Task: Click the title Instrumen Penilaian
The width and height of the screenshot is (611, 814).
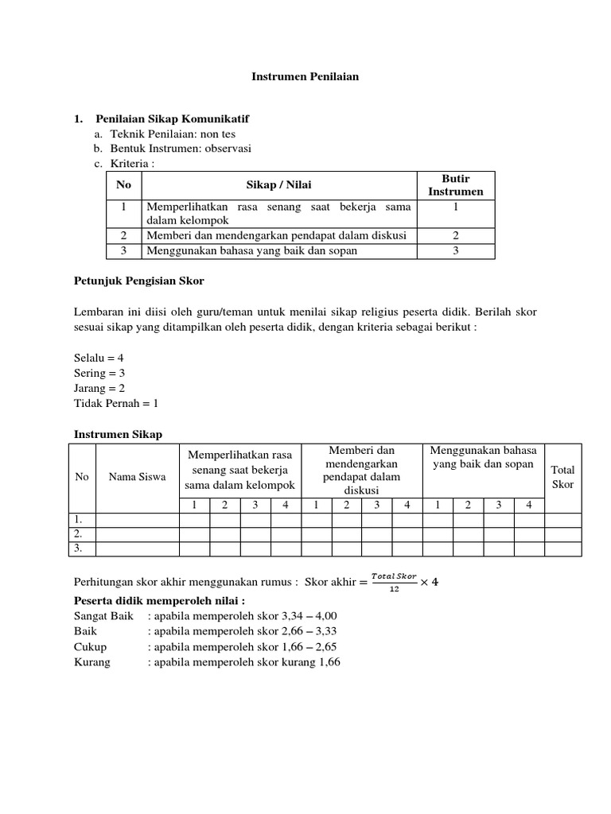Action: pyautogui.click(x=305, y=77)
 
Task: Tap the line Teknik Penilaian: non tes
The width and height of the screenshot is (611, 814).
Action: pyautogui.click(x=173, y=134)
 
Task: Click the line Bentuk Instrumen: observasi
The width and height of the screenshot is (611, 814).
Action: pyautogui.click(x=180, y=149)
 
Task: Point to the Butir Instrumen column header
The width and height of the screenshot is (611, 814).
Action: pyautogui.click(x=455, y=185)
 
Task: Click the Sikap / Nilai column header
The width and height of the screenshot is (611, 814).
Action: pyautogui.click(x=278, y=185)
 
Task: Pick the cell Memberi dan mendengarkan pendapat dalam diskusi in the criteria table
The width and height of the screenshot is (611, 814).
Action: pyautogui.click(x=276, y=235)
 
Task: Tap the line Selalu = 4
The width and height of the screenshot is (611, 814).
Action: pyautogui.click(x=99, y=358)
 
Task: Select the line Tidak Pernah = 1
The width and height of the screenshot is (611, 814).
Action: pyautogui.click(x=116, y=403)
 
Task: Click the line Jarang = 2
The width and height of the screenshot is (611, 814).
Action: pyautogui.click(x=99, y=388)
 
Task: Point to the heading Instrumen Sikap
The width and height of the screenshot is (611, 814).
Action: pyautogui.click(x=118, y=434)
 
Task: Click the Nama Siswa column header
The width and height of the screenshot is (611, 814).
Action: pyautogui.click(x=137, y=477)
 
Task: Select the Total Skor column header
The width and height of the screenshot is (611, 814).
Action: pyautogui.click(x=562, y=477)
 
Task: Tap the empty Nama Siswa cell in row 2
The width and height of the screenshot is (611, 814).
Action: pyautogui.click(x=137, y=533)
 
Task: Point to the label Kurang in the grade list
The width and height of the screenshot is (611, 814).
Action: pyautogui.click(x=92, y=661)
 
